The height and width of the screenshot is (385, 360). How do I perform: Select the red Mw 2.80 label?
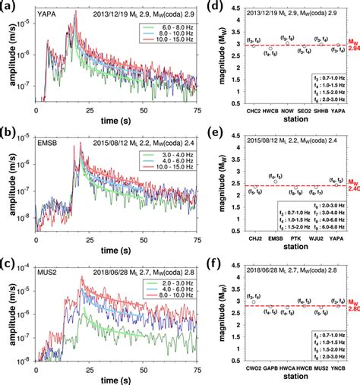click(349, 308)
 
